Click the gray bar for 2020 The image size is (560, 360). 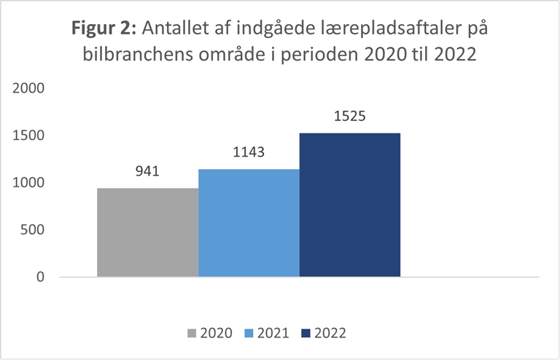click(x=148, y=232)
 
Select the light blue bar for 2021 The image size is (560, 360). click(x=249, y=223)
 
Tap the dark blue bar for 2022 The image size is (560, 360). click(x=350, y=205)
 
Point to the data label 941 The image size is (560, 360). click(x=147, y=172)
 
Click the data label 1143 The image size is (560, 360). click(x=248, y=153)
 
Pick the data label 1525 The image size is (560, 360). click(x=349, y=117)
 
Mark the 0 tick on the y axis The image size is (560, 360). click(x=41, y=278)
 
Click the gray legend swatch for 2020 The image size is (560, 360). click(x=192, y=334)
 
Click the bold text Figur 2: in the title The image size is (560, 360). click(x=104, y=31)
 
